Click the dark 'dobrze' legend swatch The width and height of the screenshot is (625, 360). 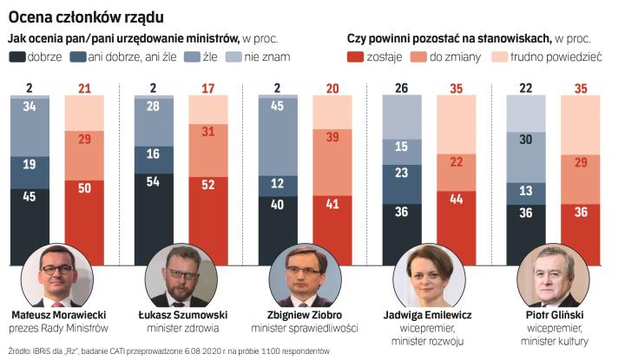pyautogui.click(x=18, y=57)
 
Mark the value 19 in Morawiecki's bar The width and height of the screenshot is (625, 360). pyautogui.click(x=30, y=163)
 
